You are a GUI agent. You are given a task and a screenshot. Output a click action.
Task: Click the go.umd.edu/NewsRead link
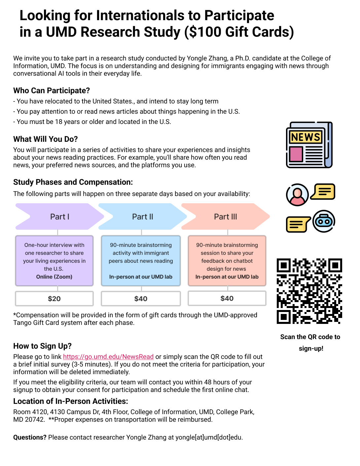point(108,357)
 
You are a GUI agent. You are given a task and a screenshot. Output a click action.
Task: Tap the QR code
point(309,291)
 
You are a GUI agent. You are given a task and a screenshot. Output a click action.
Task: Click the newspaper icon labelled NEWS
point(309,145)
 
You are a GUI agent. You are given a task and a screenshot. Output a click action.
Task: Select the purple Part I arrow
point(59,217)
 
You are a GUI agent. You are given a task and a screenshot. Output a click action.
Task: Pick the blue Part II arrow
point(142,217)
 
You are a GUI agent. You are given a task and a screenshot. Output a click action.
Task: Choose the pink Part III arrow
point(226,217)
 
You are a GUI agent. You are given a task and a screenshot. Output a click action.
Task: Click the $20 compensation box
point(54,299)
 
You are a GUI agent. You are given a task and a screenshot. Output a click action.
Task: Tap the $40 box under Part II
point(141,299)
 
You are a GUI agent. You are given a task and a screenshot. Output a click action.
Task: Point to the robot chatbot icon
point(324,221)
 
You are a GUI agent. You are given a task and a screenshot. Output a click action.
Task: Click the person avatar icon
point(297,195)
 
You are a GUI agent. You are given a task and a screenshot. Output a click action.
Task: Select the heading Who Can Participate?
point(52,91)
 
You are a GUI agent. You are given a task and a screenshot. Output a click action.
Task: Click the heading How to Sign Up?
point(42,346)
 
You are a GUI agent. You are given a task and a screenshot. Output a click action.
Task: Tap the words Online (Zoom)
point(54,277)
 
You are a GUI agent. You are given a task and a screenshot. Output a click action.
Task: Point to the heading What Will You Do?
point(46,139)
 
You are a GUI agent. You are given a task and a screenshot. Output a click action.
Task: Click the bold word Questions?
point(30,438)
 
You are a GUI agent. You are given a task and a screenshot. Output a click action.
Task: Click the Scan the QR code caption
point(310,337)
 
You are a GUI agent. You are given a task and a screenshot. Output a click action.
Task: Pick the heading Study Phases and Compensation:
point(73,182)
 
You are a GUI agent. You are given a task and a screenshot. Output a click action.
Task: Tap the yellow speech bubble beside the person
point(323,192)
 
